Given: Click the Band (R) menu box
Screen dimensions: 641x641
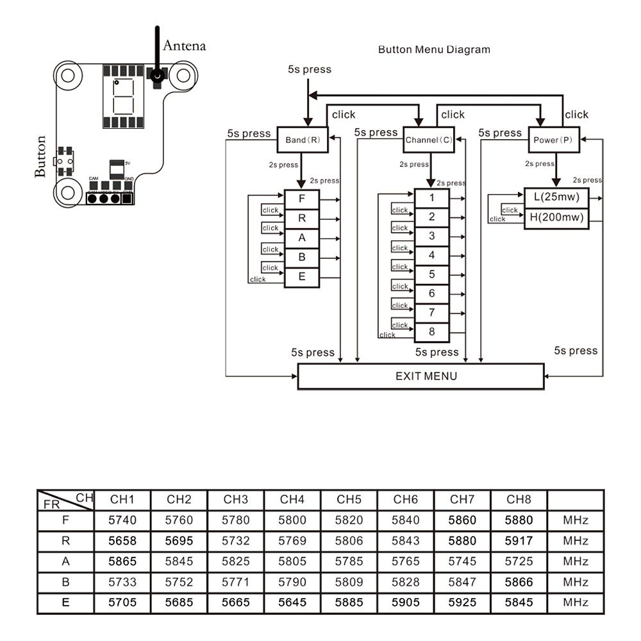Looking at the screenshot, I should [x=303, y=140].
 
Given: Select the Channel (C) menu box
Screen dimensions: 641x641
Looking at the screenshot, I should [x=428, y=140].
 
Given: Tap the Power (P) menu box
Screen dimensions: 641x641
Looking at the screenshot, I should [x=553, y=140].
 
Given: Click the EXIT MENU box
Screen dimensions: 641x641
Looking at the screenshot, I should [x=421, y=376].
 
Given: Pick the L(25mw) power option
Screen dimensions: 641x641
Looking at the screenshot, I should [x=556, y=197].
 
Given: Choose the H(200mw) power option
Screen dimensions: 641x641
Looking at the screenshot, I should [x=556, y=218].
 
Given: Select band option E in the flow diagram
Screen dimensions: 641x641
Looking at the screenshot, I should [x=302, y=278].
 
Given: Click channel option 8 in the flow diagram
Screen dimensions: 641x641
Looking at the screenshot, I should [x=432, y=332].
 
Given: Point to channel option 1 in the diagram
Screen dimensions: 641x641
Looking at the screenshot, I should [x=432, y=198].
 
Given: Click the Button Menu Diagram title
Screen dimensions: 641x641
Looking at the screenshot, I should [x=434, y=49].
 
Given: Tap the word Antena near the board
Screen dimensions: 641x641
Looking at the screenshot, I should [x=185, y=46].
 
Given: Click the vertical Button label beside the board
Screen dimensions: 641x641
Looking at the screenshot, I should [x=41, y=156].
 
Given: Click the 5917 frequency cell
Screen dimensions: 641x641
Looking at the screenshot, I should [x=519, y=541].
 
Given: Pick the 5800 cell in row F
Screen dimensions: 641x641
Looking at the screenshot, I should [x=292, y=520].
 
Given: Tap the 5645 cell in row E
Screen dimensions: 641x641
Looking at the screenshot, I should [x=292, y=603].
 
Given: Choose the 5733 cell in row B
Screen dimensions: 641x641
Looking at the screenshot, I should [x=123, y=582].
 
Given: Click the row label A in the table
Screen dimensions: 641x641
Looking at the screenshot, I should [x=65, y=562].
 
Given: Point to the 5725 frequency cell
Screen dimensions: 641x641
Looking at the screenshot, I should [x=519, y=562].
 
